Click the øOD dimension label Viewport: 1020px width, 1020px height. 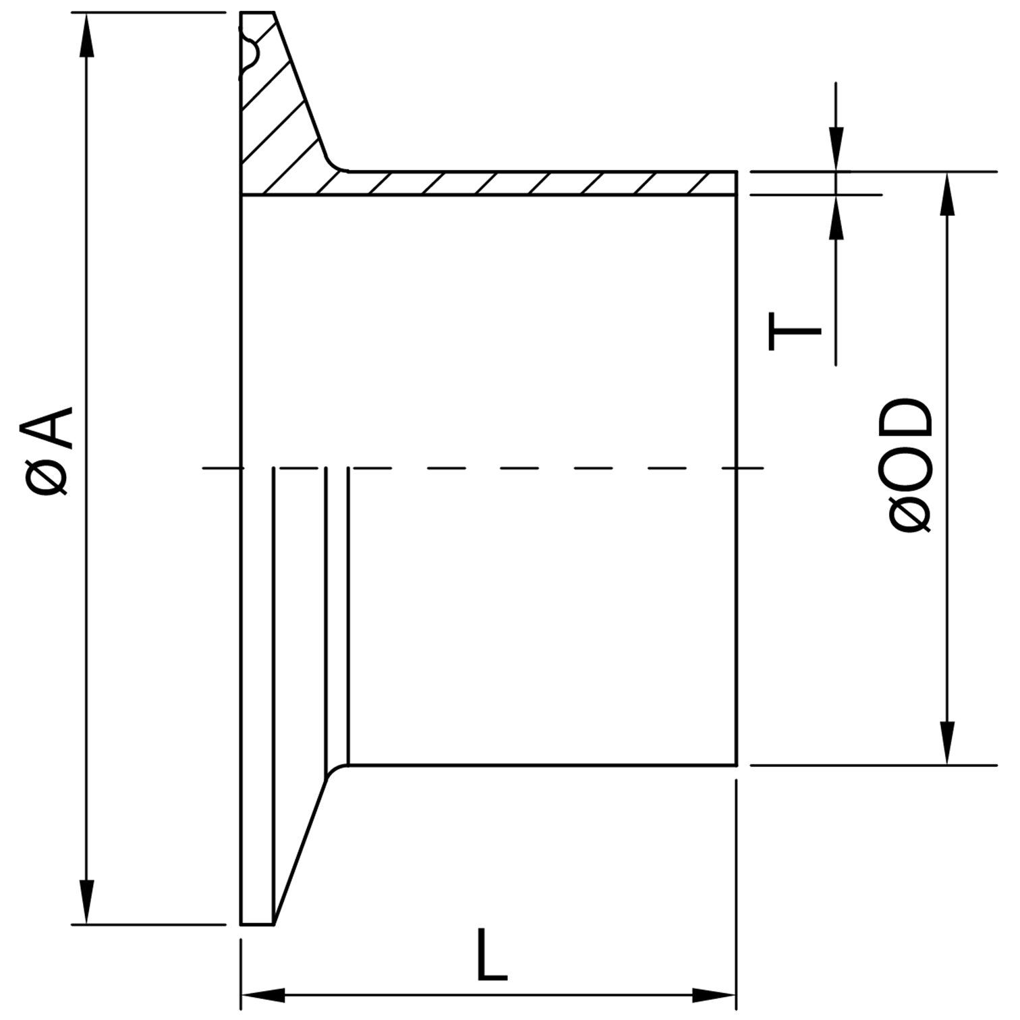(909, 465)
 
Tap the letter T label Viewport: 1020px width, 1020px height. (795, 331)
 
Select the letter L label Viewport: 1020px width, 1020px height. (491, 955)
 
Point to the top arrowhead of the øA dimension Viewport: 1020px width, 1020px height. (86, 34)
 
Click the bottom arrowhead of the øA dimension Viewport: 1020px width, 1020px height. (86, 903)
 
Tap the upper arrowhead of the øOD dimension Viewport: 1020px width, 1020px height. (948, 194)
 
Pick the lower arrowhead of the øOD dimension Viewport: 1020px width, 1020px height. (948, 743)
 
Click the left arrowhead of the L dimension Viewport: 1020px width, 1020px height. (263, 994)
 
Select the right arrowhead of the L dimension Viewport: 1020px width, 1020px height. (714, 994)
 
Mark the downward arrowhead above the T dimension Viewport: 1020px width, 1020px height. (836, 149)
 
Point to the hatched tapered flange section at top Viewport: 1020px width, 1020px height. (280, 101)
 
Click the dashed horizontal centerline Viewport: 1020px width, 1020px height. (482, 467)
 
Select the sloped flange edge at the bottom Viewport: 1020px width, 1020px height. (301, 851)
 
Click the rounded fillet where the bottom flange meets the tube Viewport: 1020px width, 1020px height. (335, 770)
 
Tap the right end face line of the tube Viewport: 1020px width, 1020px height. (736, 468)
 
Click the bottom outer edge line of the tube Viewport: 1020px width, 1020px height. (542, 765)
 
